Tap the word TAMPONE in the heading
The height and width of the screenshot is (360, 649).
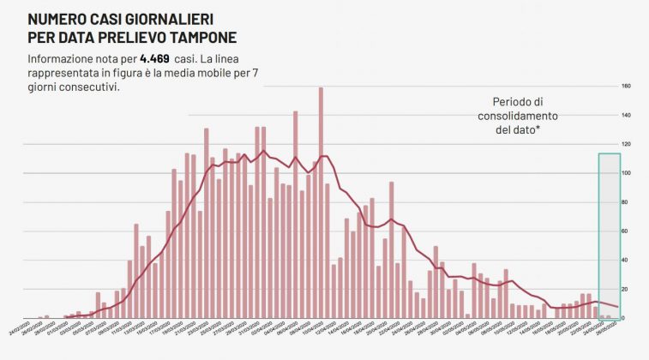pyautogui.click(x=201, y=38)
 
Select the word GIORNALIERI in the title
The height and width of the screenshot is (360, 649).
pyautogui.click(x=182, y=18)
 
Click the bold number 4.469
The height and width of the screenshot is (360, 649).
pyautogui.click(x=183, y=58)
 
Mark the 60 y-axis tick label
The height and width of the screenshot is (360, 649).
pyautogui.click(x=627, y=231)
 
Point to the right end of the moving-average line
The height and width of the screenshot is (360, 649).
pyautogui.click(x=617, y=307)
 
